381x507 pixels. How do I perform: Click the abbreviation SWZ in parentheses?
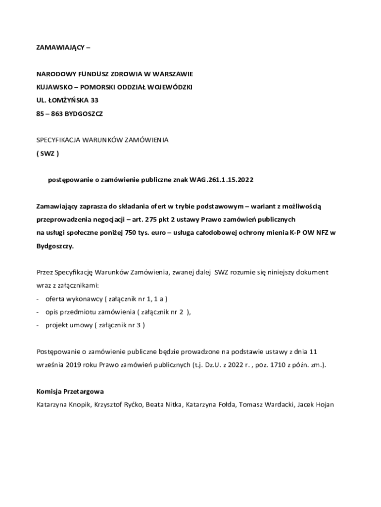point(48,153)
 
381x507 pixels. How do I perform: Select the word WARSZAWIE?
point(172,74)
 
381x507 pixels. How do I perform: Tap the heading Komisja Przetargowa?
point(70,391)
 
